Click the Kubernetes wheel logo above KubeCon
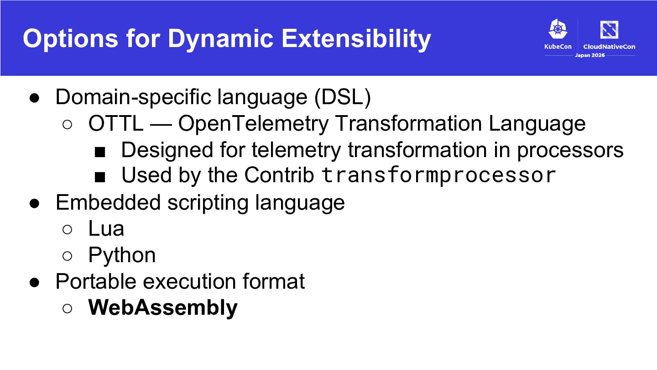point(558,29)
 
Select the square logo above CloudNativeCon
point(609,29)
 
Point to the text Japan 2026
point(590,55)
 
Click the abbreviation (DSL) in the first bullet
point(343,97)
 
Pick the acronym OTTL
point(116,123)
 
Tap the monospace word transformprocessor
point(438,175)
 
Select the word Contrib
point(279,175)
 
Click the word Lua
point(106,228)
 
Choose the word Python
point(122,255)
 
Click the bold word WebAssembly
point(163,307)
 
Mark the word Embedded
point(108,202)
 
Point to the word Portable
point(96,281)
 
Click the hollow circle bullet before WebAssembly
point(67,308)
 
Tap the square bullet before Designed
point(100,152)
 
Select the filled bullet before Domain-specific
point(34,98)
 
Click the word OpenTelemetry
point(253,124)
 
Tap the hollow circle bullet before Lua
point(67,229)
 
